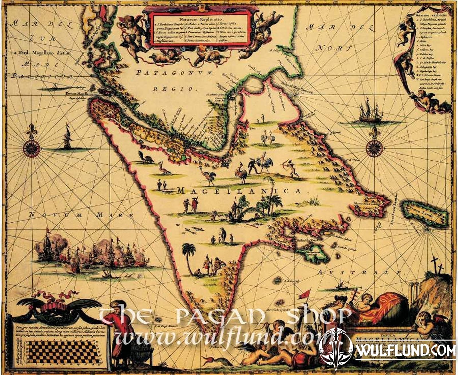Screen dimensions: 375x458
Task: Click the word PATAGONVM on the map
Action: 175,73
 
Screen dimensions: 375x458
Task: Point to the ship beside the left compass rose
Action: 68,138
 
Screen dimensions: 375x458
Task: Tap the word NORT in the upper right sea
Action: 329,48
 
